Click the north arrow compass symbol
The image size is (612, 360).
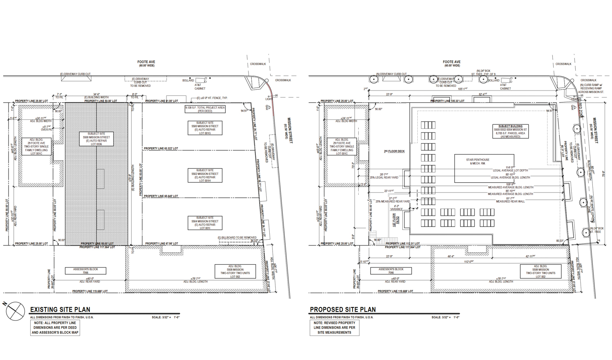click(x=15, y=311)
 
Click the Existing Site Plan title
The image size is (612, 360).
click(x=60, y=309)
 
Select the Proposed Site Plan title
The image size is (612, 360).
click(x=343, y=309)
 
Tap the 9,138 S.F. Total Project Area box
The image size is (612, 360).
click(x=205, y=109)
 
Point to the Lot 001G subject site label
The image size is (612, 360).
click(x=205, y=128)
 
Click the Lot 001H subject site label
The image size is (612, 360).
click(x=205, y=175)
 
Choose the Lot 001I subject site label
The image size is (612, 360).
click(x=205, y=223)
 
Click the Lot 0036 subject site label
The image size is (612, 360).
click(x=96, y=139)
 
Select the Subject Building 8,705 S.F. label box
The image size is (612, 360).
click(x=510, y=131)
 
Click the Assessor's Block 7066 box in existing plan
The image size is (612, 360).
click(x=86, y=271)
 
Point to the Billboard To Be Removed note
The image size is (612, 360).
click(x=237, y=238)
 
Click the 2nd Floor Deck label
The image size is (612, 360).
click(x=394, y=151)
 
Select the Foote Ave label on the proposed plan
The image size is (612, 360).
click(x=452, y=64)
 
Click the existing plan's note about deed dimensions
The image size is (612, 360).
click(x=55, y=328)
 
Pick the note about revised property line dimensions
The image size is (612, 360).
click(x=335, y=328)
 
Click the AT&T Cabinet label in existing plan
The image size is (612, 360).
click(x=200, y=87)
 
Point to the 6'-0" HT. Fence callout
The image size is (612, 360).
click(x=213, y=98)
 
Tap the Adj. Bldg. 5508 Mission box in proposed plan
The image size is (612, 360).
click(x=540, y=272)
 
